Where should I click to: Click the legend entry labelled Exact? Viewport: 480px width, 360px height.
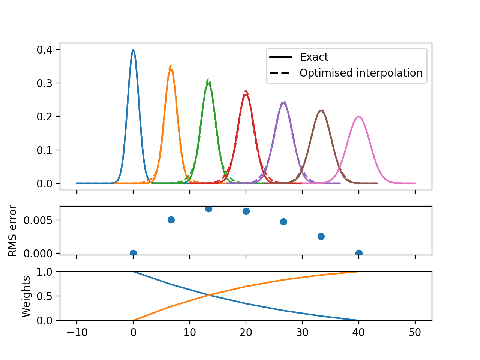point(314,57)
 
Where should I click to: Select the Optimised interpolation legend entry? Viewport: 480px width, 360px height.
point(361,73)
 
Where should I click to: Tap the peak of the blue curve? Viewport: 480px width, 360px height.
point(133,50)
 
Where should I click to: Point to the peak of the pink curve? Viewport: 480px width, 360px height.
point(359,117)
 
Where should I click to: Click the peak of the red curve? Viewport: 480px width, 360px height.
point(246,94)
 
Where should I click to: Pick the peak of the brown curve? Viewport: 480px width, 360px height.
point(321,110)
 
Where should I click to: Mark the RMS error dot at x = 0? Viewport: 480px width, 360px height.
point(133,253)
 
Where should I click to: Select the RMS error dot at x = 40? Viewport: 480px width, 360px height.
point(359,253)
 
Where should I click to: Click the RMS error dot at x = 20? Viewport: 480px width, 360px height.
point(246,211)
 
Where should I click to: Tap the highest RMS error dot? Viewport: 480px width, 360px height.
point(208,208)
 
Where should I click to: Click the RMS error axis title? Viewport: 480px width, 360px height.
point(13,231)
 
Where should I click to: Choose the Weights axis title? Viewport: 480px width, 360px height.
point(26,296)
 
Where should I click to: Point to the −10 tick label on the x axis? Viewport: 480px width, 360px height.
point(76,333)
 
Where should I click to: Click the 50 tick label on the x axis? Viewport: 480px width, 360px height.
point(415,333)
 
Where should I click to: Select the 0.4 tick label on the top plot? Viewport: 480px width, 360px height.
point(44,49)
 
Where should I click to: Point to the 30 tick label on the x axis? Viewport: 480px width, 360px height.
point(302,333)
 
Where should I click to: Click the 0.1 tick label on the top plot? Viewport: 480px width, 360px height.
point(44,150)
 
